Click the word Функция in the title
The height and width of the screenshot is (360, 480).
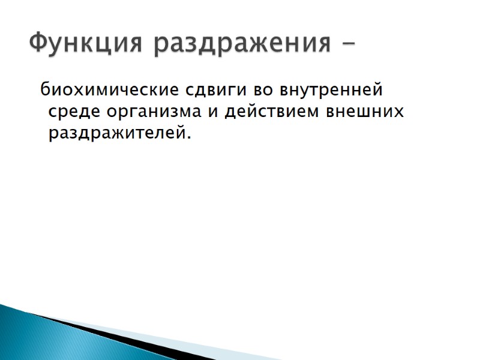(85, 43)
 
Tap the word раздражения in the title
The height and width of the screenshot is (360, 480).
(241, 44)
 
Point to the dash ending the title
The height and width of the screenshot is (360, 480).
(347, 44)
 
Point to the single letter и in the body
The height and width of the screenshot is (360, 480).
(214, 113)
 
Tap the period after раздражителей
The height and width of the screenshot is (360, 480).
(188, 137)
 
